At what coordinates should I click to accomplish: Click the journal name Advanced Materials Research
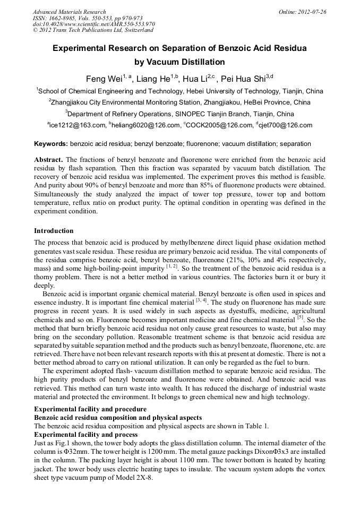point(69,12)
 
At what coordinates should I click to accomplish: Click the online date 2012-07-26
point(313,12)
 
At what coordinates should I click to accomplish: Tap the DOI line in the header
point(93,24)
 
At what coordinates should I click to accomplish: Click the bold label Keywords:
point(51,144)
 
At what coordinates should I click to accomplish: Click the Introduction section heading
point(54,231)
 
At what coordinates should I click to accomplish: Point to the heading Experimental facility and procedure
point(90,409)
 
